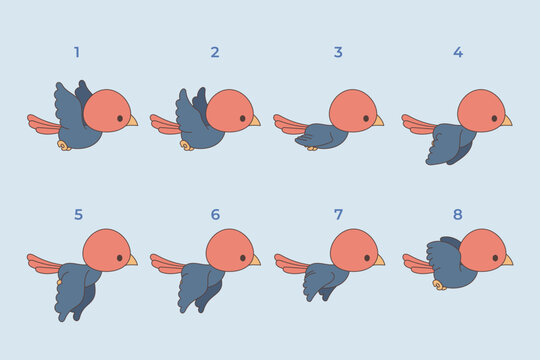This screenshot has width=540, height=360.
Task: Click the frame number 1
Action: (x=77, y=52)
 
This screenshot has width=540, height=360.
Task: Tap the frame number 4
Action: (x=458, y=52)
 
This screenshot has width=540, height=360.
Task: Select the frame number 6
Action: (x=215, y=214)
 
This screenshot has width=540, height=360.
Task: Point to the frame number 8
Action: (x=458, y=214)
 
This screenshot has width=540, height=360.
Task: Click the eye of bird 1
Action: (x=121, y=118)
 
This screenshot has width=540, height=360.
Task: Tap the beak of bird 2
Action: (x=254, y=121)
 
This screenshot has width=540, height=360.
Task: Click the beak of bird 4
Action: (x=506, y=121)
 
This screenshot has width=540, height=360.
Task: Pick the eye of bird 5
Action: (x=121, y=258)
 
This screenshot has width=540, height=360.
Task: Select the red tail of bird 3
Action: (x=290, y=124)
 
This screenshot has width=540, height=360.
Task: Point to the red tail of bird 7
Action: (x=290, y=264)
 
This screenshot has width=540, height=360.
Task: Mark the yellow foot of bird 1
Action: (x=64, y=146)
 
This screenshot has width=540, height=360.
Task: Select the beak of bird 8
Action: (x=507, y=260)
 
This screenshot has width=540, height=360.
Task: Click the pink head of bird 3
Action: (x=352, y=110)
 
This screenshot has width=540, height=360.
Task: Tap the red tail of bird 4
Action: (x=418, y=124)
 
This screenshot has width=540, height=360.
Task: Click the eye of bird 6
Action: (x=244, y=258)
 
